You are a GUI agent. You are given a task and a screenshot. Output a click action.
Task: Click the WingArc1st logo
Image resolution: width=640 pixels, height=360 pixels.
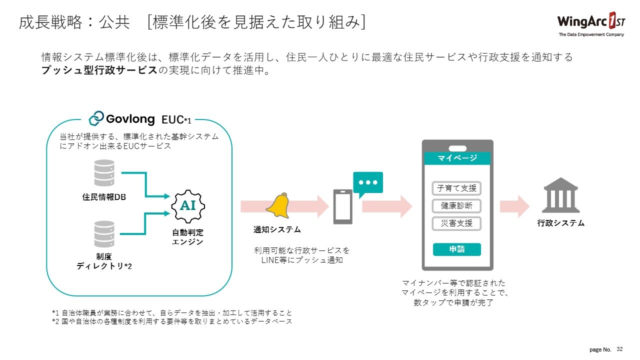[x=590, y=23]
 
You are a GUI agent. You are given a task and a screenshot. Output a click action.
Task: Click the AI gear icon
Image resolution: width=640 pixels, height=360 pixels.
[x=188, y=205]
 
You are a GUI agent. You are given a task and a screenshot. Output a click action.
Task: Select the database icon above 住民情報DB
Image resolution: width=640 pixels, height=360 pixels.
[x=104, y=173]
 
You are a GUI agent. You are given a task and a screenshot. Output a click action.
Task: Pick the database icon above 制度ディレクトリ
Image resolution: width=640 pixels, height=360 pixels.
[x=104, y=234]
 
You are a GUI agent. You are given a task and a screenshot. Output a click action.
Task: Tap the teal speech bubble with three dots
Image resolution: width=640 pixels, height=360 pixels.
[x=367, y=183]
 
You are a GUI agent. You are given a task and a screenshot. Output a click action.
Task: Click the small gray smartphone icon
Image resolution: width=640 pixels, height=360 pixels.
[x=342, y=206]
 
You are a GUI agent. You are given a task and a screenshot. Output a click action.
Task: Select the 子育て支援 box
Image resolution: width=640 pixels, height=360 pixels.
[x=456, y=188]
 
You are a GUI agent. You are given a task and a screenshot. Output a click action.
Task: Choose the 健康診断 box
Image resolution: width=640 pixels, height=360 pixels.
[x=456, y=206]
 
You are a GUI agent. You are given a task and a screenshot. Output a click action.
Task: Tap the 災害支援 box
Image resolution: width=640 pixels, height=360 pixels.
[x=456, y=223]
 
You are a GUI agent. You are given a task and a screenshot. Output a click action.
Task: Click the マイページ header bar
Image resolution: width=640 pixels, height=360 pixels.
[x=457, y=158]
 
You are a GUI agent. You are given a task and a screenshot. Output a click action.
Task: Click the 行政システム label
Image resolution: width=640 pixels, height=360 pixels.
[x=561, y=223]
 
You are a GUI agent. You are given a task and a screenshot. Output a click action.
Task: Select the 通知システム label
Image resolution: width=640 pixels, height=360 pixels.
[x=277, y=230]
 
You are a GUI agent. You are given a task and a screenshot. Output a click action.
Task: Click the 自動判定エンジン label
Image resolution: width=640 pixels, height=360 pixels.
[x=188, y=237]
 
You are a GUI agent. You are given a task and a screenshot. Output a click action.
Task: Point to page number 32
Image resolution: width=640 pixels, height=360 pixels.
[x=620, y=348]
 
